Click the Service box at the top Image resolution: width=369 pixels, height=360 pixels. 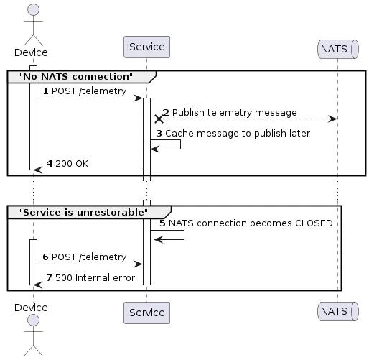pos(146,47)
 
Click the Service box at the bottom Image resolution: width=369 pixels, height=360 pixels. pos(146,312)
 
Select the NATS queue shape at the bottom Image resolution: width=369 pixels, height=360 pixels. pos(337,312)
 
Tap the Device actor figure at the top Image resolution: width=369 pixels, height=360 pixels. pos(33,26)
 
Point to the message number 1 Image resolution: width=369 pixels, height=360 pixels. pos(47,91)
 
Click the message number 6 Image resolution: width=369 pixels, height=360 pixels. pos(47,257)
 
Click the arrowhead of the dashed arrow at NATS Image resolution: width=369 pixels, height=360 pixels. pos(333,119)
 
